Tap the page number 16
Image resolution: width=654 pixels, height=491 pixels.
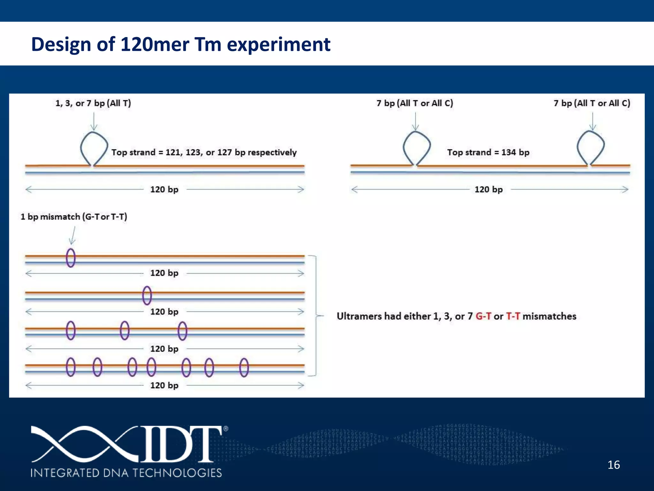613,465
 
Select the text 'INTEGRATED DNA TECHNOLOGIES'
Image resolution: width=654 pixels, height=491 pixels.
126,472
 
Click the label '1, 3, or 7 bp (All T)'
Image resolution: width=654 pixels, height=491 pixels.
93,103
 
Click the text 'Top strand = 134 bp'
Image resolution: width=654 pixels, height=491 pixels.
488,152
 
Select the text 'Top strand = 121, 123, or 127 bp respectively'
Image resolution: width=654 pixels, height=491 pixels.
204,152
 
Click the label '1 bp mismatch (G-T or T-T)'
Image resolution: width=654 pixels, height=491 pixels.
74,217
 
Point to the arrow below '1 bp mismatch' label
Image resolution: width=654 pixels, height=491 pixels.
73,236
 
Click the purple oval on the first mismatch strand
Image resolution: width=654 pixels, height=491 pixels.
71,258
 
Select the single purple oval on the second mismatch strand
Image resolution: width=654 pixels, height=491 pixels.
147,295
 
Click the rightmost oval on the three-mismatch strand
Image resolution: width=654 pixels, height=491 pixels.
182,331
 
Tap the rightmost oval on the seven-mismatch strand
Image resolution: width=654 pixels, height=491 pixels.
244,367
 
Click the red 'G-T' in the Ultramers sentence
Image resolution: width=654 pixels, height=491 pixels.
483,316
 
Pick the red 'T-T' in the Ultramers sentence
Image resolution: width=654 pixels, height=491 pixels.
513,316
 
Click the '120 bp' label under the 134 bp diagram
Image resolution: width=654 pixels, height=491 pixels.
488,189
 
